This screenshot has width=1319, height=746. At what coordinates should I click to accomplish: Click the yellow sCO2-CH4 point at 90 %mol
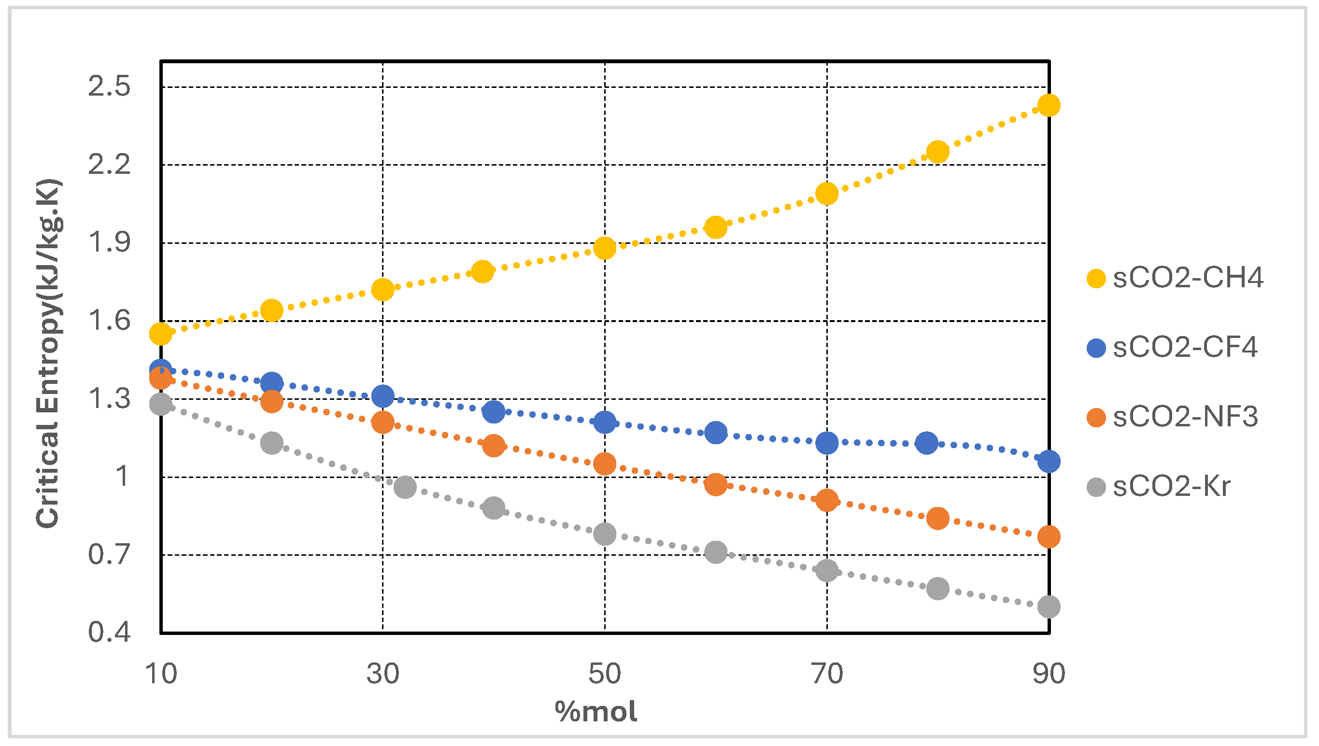[1049, 105]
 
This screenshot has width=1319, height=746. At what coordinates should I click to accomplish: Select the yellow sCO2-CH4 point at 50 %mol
[605, 249]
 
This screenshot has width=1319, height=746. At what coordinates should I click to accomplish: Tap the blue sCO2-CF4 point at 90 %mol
[1049, 461]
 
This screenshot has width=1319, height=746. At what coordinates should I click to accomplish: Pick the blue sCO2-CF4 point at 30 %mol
[383, 396]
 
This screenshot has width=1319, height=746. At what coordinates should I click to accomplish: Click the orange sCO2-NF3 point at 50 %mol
[605, 464]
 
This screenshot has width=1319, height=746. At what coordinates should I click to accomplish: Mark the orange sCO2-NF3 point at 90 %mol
[1049, 537]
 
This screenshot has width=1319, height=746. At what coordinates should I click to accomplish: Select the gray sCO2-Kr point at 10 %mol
[160, 404]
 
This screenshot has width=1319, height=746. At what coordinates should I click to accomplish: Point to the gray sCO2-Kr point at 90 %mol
[1049, 606]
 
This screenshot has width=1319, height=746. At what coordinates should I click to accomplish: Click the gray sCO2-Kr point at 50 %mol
[605, 534]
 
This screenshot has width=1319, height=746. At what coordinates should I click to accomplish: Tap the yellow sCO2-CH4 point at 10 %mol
[160, 334]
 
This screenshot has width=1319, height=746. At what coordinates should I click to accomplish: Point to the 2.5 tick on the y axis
[109, 86]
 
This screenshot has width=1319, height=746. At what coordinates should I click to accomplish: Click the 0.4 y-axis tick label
[109, 632]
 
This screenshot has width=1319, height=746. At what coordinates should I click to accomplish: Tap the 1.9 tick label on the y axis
[109, 242]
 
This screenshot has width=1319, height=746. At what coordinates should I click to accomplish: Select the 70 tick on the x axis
[827, 674]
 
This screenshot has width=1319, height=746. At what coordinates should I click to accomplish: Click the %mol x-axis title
[596, 711]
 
